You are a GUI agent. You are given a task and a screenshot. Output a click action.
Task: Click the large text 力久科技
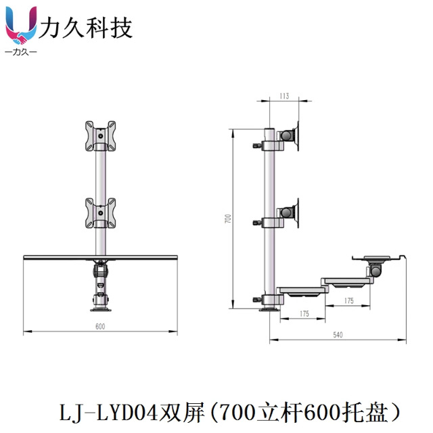pos(85,27)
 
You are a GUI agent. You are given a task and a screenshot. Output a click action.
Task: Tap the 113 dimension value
pos(284,97)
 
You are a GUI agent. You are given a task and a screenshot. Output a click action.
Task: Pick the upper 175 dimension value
pos(348,300)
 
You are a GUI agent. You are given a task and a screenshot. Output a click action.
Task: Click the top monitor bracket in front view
pos(100,137)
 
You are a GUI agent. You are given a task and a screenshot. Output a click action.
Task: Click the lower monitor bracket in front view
pos(100,212)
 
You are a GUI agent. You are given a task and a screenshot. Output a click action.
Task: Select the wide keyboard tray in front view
pos(100,257)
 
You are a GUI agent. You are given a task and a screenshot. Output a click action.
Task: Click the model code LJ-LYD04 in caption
pos(108,411)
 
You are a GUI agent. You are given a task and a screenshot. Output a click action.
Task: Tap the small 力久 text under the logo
pos(20,52)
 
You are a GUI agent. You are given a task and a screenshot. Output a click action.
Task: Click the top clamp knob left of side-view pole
pos(257,144)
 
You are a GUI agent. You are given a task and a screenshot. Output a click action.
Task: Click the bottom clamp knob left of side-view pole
pos(257,299)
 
